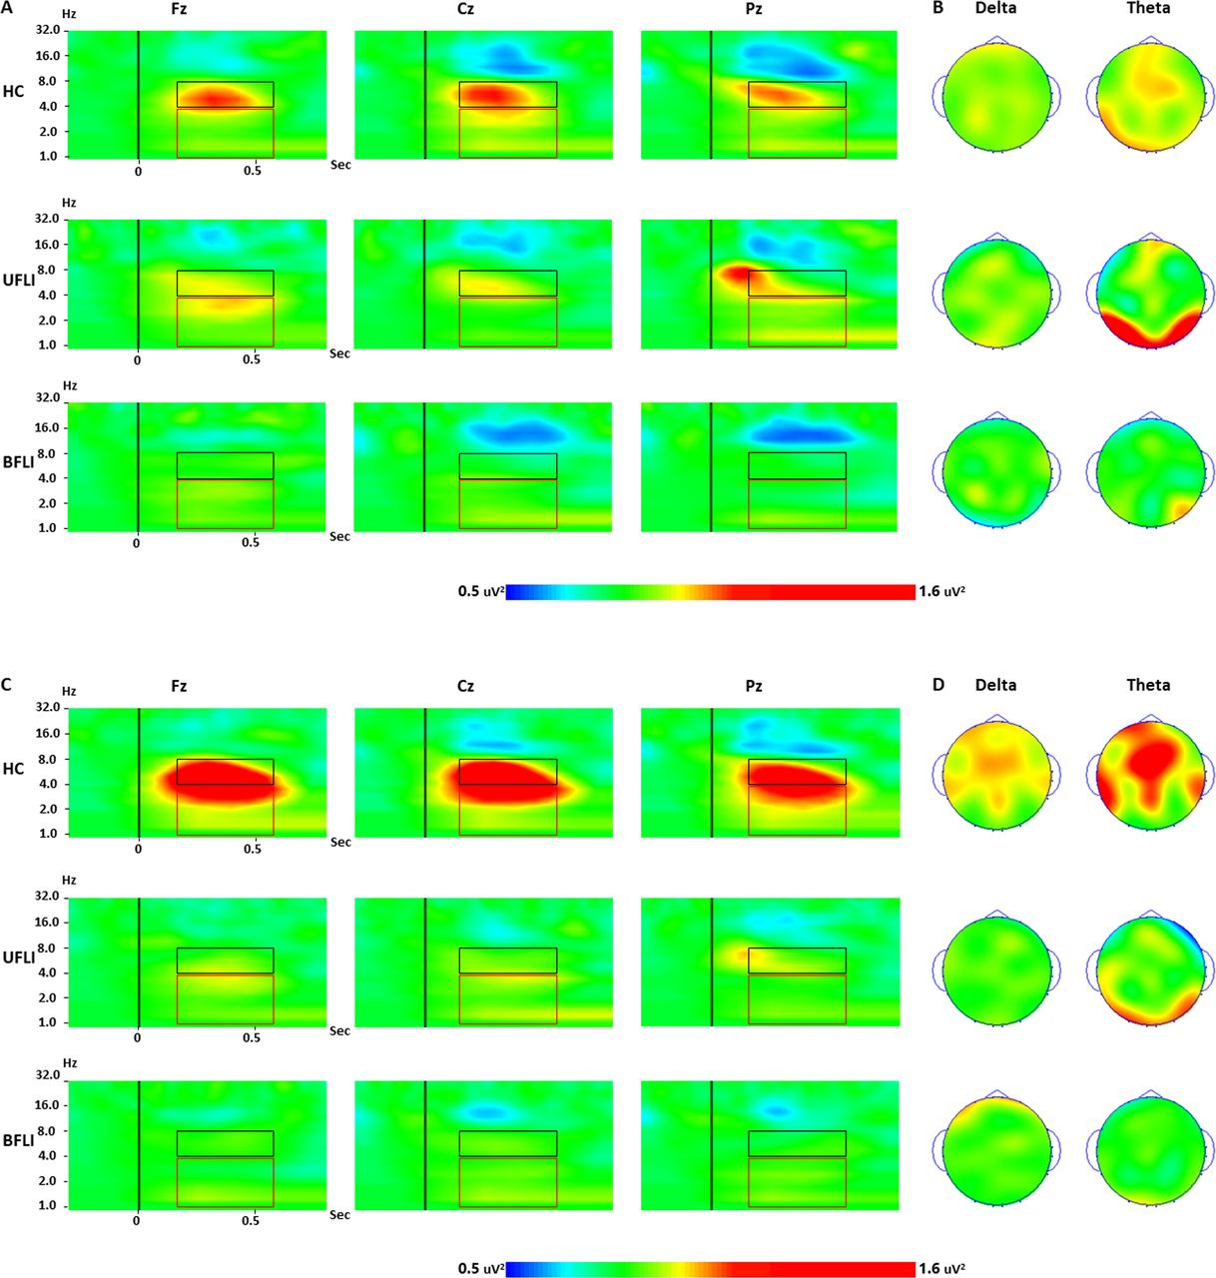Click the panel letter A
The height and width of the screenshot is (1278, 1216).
pos(7,8)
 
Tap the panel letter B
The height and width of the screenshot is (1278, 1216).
pos(936,8)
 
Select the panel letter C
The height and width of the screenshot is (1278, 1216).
pos(7,685)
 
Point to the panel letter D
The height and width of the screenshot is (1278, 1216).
pos(936,685)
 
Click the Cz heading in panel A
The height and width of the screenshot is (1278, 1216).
pos(465,8)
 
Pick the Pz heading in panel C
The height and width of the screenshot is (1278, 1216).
pos(754,686)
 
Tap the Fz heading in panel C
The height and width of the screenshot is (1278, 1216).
pos(178,686)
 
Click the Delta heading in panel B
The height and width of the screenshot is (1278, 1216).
pos(995,8)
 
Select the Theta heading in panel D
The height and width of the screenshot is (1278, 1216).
pos(1148,685)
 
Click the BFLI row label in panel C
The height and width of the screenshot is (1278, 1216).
pos(18,1139)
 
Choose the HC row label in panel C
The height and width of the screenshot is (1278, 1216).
pos(14,769)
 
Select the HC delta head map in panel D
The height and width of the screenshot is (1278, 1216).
pos(996,774)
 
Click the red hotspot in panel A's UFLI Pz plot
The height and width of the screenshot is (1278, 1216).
pos(736,273)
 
